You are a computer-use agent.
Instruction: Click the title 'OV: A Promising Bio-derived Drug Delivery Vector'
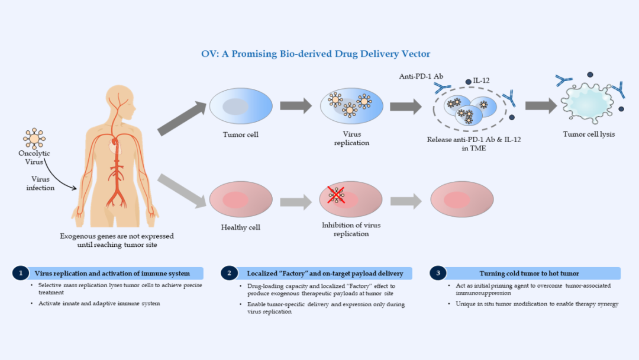(316, 54)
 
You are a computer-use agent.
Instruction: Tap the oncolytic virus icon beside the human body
(34, 138)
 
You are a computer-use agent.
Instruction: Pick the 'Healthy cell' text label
(241, 227)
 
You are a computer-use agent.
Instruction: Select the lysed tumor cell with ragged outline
(588, 105)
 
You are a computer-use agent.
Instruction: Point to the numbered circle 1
(21, 273)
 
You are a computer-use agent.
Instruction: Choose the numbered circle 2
(229, 273)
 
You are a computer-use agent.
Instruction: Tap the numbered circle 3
(437, 273)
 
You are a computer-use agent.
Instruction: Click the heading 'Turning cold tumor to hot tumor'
(529, 274)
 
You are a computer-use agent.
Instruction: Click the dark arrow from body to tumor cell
(180, 118)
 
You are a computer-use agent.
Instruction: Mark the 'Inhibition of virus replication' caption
(351, 230)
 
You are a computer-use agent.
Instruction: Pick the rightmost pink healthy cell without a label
(461, 200)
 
